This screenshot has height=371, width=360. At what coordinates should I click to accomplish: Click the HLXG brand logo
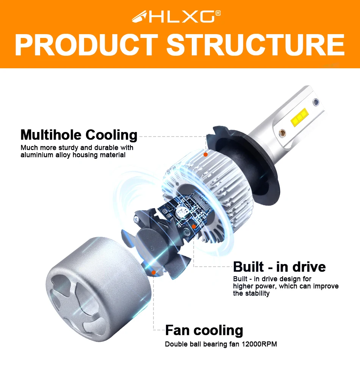tap(176, 16)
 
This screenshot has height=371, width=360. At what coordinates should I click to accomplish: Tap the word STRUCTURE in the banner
tap(255, 45)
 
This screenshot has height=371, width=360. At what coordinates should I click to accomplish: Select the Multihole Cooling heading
tap(79, 135)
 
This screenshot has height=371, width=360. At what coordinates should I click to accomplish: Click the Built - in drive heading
tap(279, 267)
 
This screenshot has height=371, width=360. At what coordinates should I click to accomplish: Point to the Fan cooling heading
tap(204, 330)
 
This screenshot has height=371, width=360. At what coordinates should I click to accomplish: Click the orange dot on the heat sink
tap(205, 154)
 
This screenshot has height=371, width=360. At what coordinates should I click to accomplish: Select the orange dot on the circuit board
tap(194, 227)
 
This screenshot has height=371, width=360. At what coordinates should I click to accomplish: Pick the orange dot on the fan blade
tap(153, 272)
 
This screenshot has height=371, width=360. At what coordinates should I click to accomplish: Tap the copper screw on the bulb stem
tap(282, 133)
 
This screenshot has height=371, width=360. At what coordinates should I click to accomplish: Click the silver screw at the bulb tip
tap(315, 102)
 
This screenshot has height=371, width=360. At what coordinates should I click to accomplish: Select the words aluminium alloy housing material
tap(73, 155)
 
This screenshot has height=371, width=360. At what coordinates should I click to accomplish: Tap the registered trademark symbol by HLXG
tap(218, 13)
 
